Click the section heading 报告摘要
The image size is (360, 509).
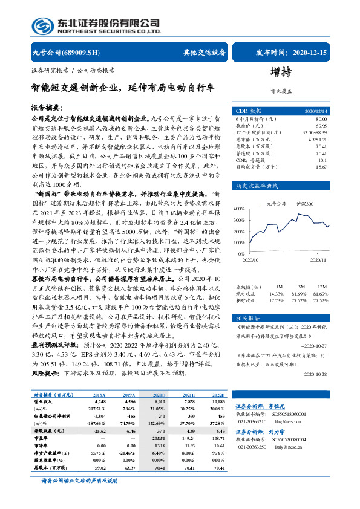point(47,106)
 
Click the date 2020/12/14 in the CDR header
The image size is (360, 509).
point(315,112)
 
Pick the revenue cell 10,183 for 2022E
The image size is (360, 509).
point(217,401)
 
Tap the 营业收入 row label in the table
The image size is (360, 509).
point(43,401)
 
